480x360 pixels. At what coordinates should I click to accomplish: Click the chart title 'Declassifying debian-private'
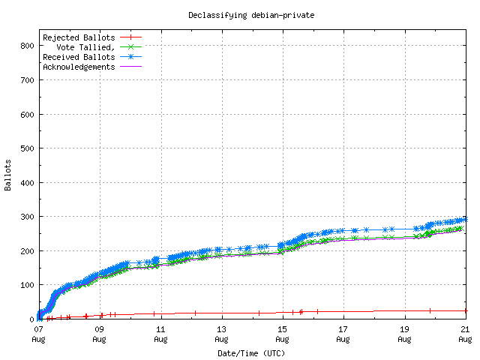240,15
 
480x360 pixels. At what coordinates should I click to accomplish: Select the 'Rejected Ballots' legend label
79,37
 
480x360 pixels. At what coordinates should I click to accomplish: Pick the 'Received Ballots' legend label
79,56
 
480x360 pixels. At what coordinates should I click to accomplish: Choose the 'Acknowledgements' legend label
79,66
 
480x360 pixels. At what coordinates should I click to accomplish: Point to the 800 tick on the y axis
27,46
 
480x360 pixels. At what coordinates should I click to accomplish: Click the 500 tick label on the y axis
27,148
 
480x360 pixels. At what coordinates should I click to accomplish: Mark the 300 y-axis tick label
27,217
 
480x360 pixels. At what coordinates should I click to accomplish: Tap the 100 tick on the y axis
27,285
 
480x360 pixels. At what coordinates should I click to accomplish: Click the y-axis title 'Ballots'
8,175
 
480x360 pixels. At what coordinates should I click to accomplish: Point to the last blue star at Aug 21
465,219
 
